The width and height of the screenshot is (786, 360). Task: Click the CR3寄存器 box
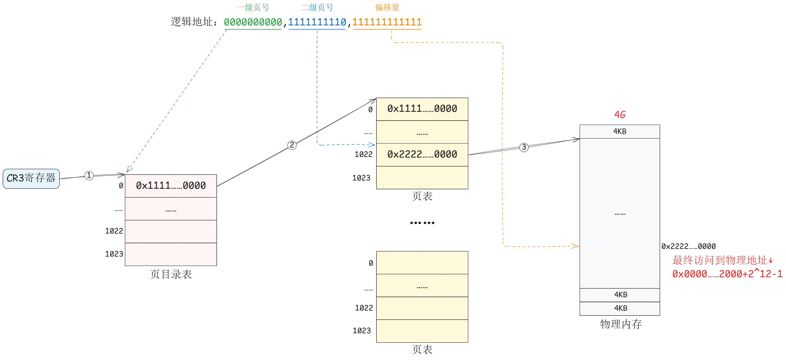coord(31,178)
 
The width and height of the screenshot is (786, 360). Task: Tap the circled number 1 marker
coord(89,175)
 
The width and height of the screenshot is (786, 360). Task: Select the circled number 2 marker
coord(292,145)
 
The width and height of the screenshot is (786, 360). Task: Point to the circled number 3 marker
coord(524,147)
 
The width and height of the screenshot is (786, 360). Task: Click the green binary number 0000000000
coord(253,22)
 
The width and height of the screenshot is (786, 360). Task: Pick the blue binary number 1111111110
coord(317,22)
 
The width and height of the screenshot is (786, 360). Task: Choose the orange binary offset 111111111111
coord(387,22)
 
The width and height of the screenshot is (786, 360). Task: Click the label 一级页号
coord(253,7)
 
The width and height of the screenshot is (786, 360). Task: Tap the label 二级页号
coord(317,7)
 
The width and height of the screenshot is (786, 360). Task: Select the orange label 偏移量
coord(387,7)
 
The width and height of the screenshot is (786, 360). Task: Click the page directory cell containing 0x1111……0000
coord(171,186)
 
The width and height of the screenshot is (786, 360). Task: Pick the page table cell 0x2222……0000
coord(422,155)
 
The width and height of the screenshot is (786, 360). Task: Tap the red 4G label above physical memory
coord(620,115)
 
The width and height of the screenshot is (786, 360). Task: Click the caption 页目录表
coord(171,274)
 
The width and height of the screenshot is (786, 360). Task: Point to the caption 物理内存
coord(621,324)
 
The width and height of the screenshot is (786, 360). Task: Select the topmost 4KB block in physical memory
coord(620,131)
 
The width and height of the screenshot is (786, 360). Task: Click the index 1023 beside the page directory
coord(114,254)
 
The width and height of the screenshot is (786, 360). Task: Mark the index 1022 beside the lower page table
coord(364,308)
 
